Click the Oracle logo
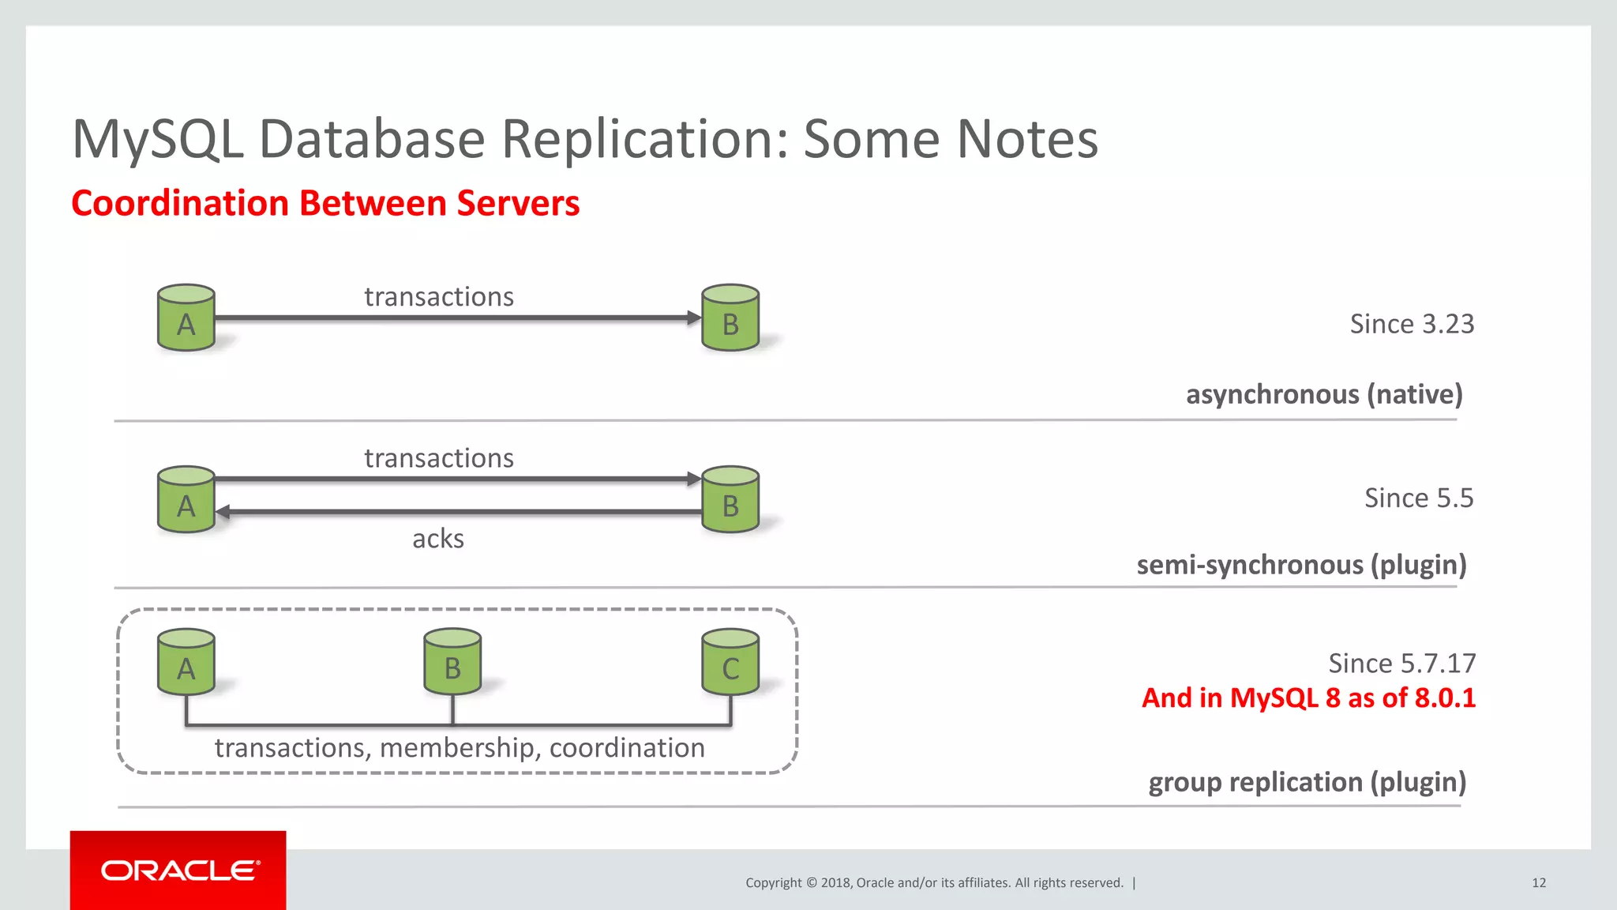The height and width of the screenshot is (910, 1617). coord(179,870)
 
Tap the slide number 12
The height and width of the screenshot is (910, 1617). coord(1538,882)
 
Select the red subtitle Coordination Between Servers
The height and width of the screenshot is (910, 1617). coord(325,203)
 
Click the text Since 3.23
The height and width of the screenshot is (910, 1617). coord(1411,324)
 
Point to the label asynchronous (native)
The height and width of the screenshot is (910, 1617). coord(1323,393)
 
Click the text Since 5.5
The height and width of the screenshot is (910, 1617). coord(1418,498)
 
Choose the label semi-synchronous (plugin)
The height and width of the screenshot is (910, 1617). coord(1300,565)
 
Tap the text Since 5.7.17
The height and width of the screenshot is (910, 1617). coord(1401,663)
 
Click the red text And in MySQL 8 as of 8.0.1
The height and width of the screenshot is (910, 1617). coord(1308,698)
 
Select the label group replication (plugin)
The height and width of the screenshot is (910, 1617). coord(1307,782)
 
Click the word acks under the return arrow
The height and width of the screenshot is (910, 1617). coord(437,539)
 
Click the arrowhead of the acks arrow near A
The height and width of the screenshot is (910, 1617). coord(223,512)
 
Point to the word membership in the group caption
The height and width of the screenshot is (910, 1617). coord(456,747)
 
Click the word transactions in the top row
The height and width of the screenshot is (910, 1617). coord(438,297)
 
